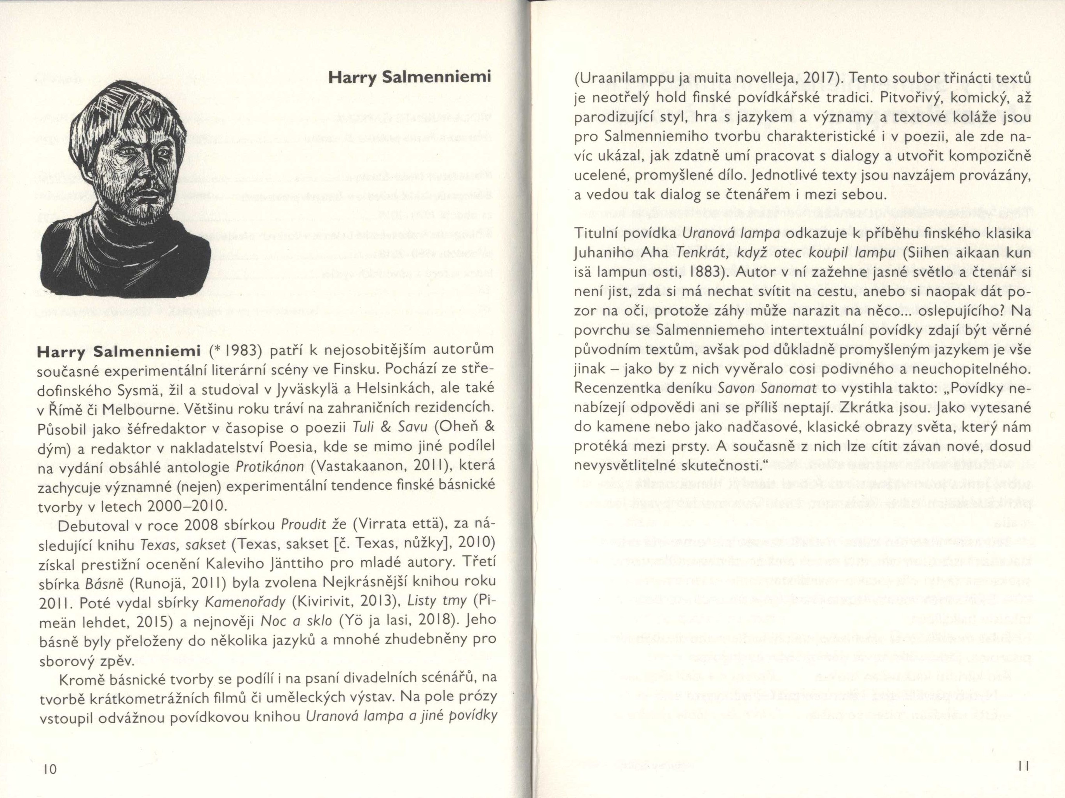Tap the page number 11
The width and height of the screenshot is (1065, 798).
pyautogui.click(x=1023, y=766)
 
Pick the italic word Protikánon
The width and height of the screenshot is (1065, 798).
pyautogui.click(x=270, y=467)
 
